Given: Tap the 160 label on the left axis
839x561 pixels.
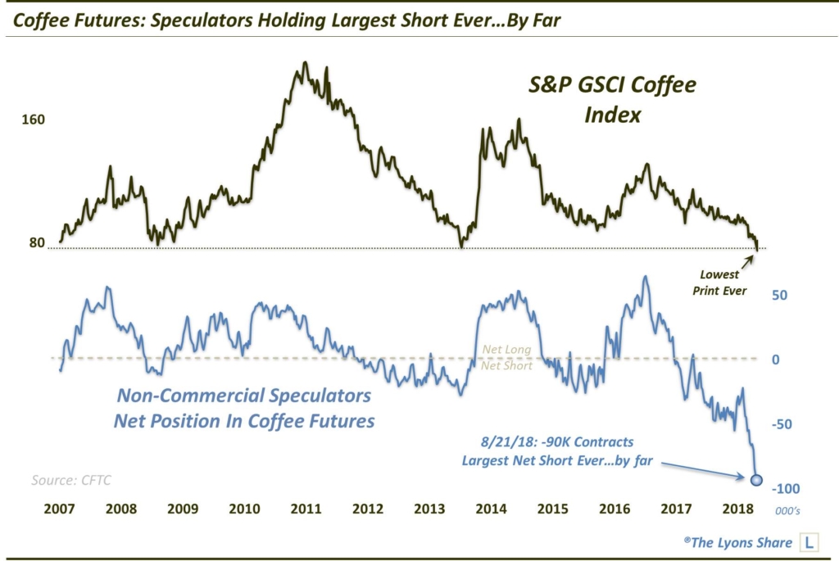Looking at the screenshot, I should coord(34,120).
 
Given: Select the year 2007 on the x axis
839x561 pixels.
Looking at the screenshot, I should coord(60,509).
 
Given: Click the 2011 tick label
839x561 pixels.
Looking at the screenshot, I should coord(306,509).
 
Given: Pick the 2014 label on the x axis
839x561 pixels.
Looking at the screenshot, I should coord(492,509).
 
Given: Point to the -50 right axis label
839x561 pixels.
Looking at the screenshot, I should coord(784,424).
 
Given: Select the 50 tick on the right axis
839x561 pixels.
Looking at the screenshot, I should coord(779,294).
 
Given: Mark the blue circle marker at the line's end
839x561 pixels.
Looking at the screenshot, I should coord(757,480).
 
